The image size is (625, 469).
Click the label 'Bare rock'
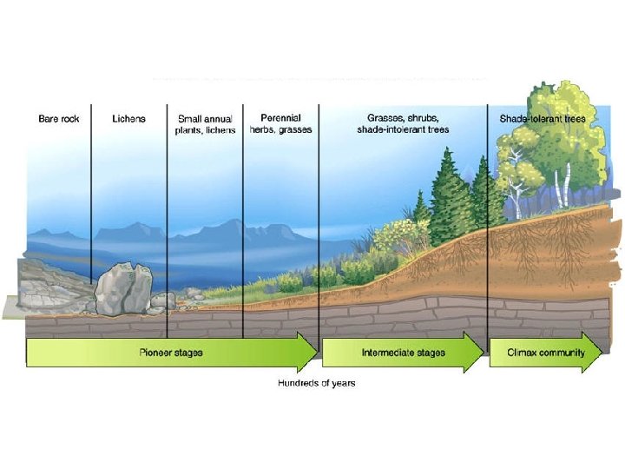[58, 118]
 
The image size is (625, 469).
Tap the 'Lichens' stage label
[129, 118]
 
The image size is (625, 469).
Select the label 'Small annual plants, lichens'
[205, 124]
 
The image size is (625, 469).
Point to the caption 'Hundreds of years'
[316, 383]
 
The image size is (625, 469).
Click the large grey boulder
[123, 289]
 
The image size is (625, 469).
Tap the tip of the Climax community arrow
[601, 353]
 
